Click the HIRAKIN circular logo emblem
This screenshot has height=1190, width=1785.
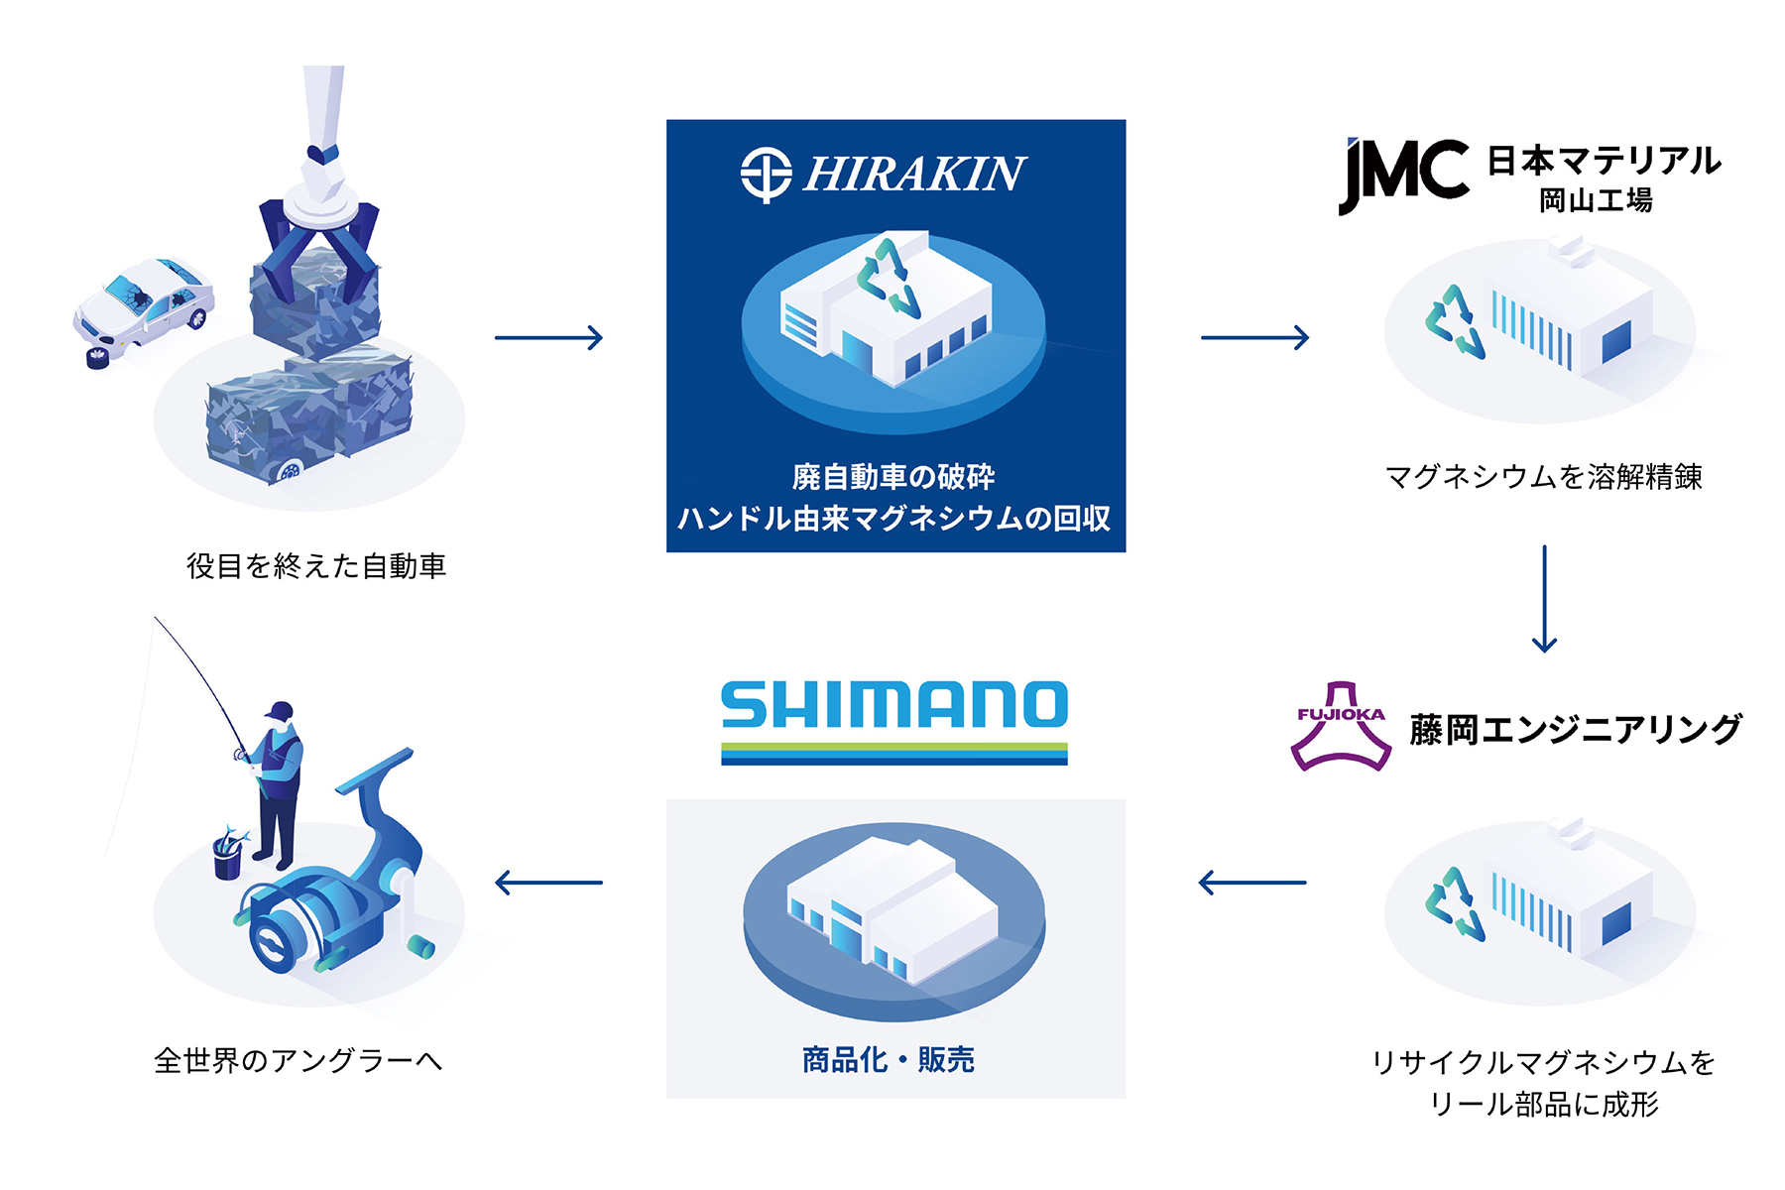[x=766, y=175]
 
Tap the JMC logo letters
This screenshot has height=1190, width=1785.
[x=1402, y=175]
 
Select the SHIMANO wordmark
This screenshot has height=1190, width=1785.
[x=894, y=705]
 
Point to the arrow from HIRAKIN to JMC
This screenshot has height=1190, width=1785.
[x=1254, y=338]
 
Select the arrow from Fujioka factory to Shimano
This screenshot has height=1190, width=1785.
[x=1251, y=882]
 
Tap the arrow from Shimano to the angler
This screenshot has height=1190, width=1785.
[x=548, y=882]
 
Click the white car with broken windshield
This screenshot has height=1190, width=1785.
[x=146, y=305]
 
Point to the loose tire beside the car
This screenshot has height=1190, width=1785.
[x=97, y=357]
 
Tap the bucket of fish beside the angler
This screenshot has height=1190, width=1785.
[x=228, y=855]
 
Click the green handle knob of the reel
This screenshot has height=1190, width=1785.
[x=421, y=947]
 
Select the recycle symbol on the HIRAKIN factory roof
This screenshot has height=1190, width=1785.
[x=889, y=277]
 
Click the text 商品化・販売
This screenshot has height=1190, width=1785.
[x=889, y=1060]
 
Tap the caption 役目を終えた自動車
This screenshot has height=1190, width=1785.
[x=316, y=566]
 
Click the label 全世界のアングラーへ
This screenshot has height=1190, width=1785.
[x=297, y=1061]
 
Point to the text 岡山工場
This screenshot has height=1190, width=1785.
[x=1596, y=201]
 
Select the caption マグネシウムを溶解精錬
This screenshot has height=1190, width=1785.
[x=1543, y=477]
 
